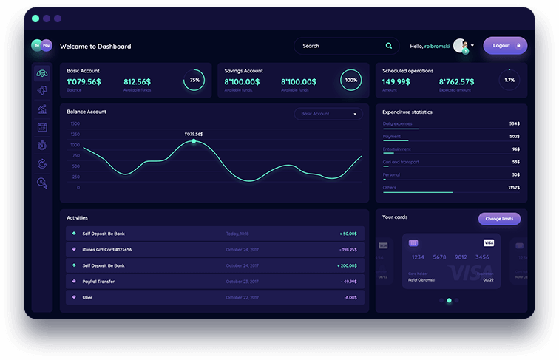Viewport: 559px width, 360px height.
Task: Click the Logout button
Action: (505, 46)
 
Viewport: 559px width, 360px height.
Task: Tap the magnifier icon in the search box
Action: (389, 46)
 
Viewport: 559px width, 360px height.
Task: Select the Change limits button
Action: (499, 219)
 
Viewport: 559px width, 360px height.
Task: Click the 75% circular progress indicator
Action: (194, 80)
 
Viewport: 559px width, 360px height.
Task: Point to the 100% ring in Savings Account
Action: (350, 80)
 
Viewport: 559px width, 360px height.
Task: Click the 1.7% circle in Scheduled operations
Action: (509, 80)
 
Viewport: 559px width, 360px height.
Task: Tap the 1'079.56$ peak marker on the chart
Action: (194, 140)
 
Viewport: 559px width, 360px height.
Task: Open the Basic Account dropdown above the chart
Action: (328, 114)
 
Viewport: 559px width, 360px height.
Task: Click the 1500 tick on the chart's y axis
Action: (75, 124)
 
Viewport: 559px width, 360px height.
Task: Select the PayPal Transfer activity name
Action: (98, 282)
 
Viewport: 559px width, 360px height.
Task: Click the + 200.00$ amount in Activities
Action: (347, 265)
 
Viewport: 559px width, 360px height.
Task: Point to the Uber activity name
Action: (87, 297)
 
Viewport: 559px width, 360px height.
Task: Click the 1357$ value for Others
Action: (513, 188)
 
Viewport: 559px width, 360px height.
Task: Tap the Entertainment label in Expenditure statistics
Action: (397, 149)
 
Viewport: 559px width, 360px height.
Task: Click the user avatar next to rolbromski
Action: (460, 46)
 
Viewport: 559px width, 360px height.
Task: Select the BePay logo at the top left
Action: (41, 46)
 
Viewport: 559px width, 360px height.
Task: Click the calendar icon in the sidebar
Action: (42, 127)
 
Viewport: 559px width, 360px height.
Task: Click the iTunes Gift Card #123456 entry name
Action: (107, 250)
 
